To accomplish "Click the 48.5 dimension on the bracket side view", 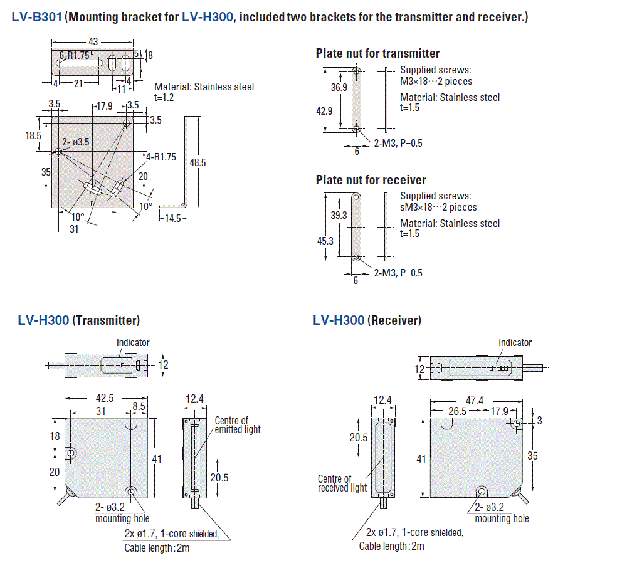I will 198,162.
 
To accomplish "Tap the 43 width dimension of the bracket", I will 93,41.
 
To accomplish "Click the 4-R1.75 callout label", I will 161,157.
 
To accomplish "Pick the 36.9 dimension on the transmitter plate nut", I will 339,88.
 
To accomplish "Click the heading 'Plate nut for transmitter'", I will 377,53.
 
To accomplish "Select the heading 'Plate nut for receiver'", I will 371,180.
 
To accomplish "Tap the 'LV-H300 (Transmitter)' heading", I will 78,320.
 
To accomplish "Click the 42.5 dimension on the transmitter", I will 104,397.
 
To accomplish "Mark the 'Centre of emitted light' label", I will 237,425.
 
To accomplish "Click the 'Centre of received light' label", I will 342,483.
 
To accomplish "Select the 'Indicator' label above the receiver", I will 515,342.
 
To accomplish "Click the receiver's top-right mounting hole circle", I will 516,424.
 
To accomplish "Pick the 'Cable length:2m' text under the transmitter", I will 157,548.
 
